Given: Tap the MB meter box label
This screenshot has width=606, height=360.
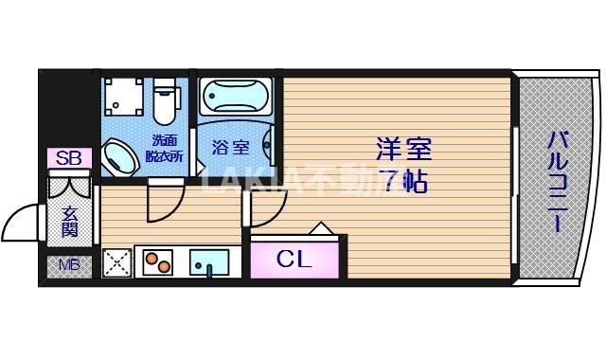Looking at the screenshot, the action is (70, 264).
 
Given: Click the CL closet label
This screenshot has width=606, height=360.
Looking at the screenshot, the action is (294, 259).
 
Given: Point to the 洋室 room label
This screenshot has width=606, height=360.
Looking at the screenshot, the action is (404, 150).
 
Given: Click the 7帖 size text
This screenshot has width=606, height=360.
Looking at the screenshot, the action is (404, 180).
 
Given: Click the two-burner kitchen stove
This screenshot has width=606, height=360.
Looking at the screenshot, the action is (156, 261).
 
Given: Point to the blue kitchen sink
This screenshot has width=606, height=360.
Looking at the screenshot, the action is (208, 261).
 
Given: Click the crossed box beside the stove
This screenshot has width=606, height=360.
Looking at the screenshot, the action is (116, 261).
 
